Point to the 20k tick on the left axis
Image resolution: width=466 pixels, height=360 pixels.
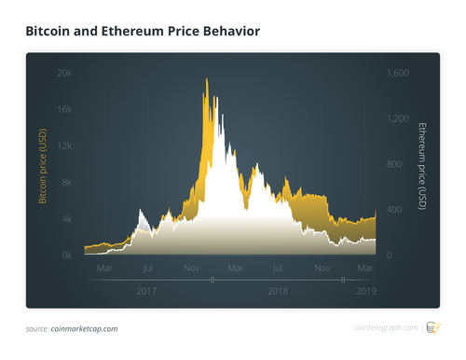click(63, 73)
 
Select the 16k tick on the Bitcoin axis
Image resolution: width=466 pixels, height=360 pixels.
click(63, 109)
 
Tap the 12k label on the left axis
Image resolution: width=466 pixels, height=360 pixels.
click(63, 145)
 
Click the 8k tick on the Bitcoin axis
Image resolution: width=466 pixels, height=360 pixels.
click(66, 182)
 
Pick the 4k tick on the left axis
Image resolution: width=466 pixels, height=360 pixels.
click(66, 218)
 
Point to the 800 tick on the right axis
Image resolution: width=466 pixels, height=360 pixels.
click(395, 164)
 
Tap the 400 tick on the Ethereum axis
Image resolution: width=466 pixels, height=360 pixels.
click(395, 210)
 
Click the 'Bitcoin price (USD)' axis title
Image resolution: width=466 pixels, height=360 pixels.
click(42, 164)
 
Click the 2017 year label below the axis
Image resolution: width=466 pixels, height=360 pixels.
click(146, 291)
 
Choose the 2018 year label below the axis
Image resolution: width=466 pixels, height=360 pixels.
click(278, 291)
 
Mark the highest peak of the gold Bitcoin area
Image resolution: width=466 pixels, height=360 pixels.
click(205, 79)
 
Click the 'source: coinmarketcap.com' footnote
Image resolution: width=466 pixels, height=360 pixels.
click(71, 328)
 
